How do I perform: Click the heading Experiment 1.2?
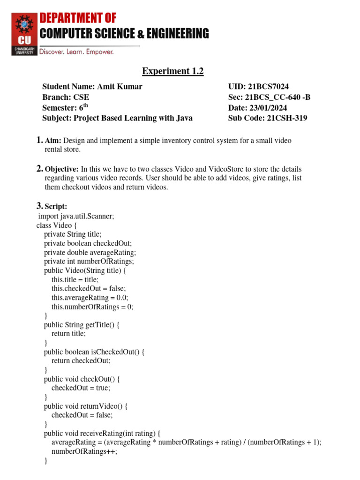pos(173,71)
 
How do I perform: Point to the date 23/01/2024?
pos(270,108)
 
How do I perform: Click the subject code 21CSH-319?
pos(287,118)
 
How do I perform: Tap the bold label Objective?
pos(62,169)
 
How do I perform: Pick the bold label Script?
pos(56,206)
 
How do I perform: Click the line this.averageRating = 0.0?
pos(90,298)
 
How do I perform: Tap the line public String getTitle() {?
pos(82,324)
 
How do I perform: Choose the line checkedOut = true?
pos(81,388)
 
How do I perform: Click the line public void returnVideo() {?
pos(85,406)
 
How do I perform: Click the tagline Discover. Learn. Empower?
pos(76,52)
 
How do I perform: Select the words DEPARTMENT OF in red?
pos(78,18)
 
